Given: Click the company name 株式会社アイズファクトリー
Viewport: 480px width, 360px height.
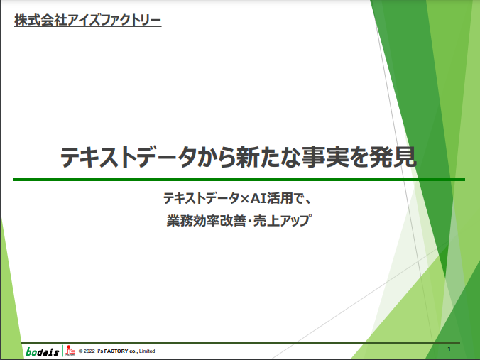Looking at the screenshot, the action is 87,20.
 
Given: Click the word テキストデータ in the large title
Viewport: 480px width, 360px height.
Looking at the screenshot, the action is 129,157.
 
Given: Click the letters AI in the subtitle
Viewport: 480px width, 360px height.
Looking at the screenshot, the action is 258,198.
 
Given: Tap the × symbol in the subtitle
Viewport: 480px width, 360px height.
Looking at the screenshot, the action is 244,199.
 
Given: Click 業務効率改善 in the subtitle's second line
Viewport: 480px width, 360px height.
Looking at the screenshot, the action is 207,220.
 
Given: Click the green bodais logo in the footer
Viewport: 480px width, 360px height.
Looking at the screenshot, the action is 42,351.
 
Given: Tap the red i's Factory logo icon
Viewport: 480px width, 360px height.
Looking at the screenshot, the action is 70,351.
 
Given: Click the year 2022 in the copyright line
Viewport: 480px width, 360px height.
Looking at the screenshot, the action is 89,351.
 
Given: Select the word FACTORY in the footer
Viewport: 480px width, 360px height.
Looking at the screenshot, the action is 116,351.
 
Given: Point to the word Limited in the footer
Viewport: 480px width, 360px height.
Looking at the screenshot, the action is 147,351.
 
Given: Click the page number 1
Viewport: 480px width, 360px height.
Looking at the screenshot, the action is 449,349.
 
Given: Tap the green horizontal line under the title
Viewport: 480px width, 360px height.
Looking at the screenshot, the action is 239,180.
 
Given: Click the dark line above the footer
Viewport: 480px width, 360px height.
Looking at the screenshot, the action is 240,343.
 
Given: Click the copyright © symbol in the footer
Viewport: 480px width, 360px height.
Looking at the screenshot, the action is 81,351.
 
